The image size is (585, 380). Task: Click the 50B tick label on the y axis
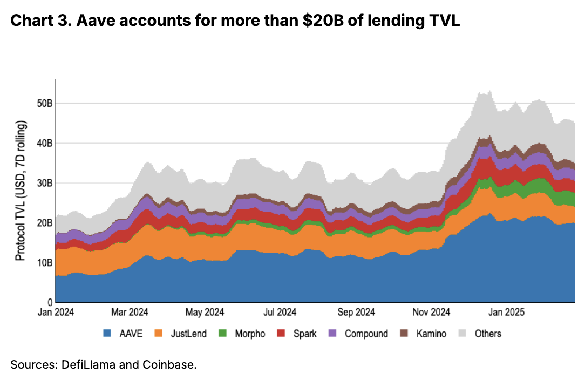point(42,103)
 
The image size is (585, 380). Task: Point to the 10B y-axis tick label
point(42,262)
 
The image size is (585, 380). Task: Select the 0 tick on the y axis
point(49,302)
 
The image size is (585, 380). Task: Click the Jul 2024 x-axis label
point(280,312)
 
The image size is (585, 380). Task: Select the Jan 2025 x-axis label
point(507,312)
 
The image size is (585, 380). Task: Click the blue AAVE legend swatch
point(108,334)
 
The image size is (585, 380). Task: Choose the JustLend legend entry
point(188,334)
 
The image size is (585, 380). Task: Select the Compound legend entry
point(365,334)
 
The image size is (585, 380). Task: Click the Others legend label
point(487,334)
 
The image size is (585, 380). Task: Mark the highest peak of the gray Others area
point(489,91)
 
